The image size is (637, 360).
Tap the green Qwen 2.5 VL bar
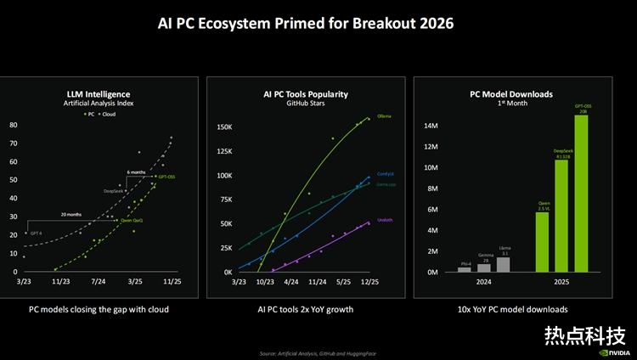(542, 242)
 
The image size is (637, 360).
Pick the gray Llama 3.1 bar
(503, 264)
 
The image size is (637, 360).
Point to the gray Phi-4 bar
(464, 269)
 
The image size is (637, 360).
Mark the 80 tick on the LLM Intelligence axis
(14, 125)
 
